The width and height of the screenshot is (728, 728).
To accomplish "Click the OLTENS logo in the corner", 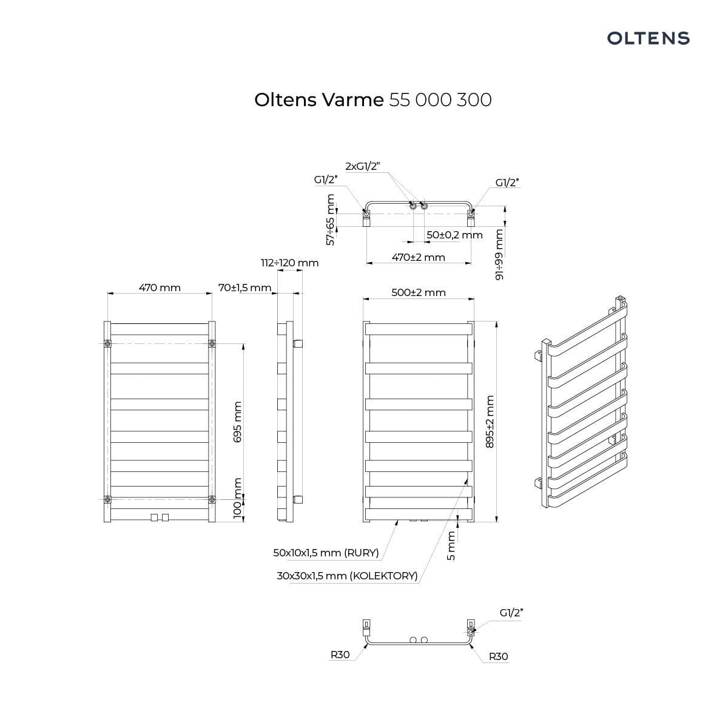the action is (x=649, y=39).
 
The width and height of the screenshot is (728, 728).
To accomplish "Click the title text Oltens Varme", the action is (x=319, y=100).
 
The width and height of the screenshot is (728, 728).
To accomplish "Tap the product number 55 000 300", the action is (x=440, y=100).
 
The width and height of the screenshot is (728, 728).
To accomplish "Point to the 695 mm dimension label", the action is (x=237, y=422).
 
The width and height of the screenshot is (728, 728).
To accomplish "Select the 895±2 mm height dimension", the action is (x=490, y=422).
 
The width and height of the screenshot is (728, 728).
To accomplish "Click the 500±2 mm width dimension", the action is (x=419, y=292).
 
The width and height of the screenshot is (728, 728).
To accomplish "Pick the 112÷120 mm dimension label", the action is (x=290, y=263).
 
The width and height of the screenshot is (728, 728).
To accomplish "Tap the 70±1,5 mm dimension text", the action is (x=245, y=288).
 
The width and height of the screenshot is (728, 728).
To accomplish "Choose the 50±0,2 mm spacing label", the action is (x=454, y=235).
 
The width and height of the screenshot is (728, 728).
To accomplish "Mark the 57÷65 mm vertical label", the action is (x=331, y=220).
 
